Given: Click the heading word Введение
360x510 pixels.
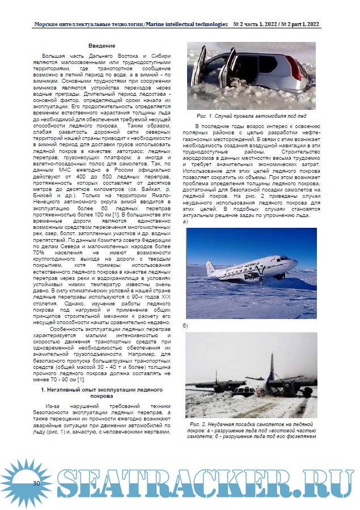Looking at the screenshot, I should pyautogui.click(x=101, y=45).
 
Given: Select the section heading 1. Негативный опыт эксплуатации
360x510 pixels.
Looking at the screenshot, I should pyautogui.click(x=101, y=393).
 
